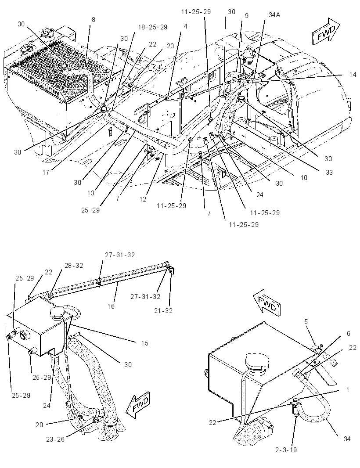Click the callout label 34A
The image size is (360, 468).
click(x=274, y=14)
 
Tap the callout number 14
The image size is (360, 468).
click(x=353, y=74)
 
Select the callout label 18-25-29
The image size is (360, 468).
click(x=152, y=27)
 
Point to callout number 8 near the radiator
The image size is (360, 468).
click(x=94, y=20)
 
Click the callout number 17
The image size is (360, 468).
click(x=46, y=172)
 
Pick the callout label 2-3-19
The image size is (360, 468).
click(x=286, y=450)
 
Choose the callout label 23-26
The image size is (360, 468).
click(x=55, y=439)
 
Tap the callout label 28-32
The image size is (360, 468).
click(x=74, y=265)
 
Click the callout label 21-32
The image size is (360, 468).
click(x=163, y=310)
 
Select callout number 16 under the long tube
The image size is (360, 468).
click(x=111, y=306)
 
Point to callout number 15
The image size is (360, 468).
click(x=144, y=343)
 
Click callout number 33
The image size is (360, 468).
click(x=329, y=172)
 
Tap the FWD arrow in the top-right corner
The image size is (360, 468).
click(x=326, y=31)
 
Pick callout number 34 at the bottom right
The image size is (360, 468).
click(x=347, y=439)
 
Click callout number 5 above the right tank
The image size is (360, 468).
click(x=306, y=321)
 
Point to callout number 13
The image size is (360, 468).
click(x=91, y=193)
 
